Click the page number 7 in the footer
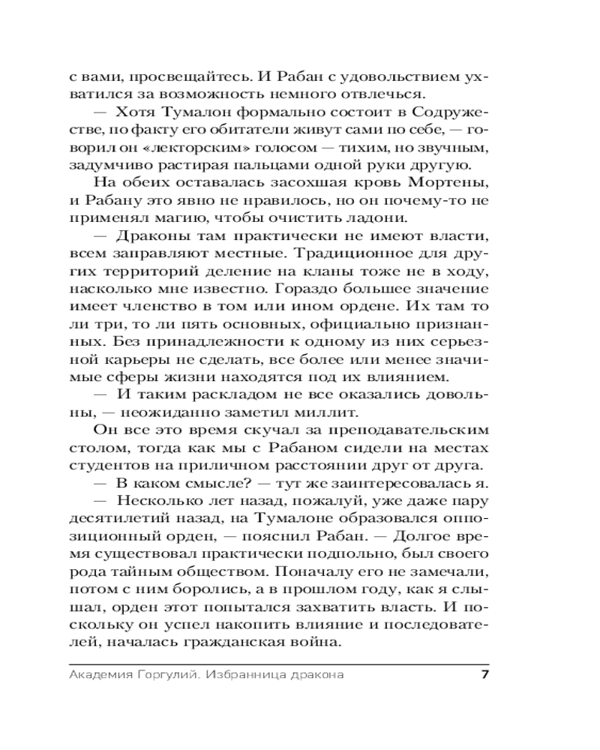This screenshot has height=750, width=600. [x=484, y=673]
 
